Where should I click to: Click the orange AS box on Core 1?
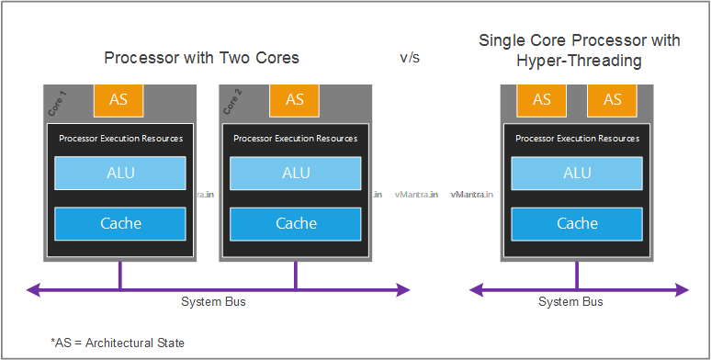pos(118,100)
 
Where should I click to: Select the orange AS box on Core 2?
pos(294,100)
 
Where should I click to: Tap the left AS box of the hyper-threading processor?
pos(542,100)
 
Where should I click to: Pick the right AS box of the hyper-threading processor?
pos(612,100)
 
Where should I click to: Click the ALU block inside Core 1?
pos(120,173)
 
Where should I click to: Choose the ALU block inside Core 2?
pos(295,173)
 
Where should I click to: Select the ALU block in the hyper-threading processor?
pos(577,173)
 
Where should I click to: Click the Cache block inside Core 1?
pos(120,223)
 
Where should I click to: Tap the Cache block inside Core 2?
pos(295,223)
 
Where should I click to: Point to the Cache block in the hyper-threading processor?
pos(577,223)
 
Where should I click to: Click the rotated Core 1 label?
pos(54,103)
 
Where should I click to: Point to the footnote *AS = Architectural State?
pos(118,343)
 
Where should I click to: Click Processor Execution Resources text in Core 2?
pos(295,139)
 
